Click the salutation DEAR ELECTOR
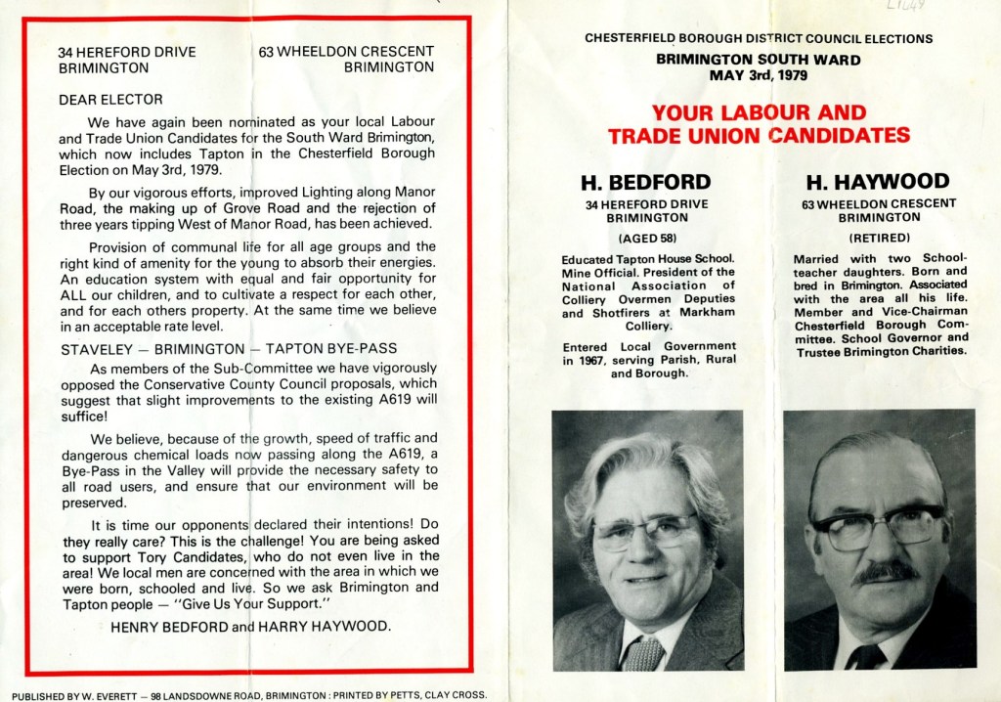[110, 99]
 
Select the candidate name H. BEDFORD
[646, 182]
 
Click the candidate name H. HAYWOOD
[878, 182]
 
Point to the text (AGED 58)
[646, 238]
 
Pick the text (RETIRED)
[878, 238]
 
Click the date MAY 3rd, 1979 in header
[759, 74]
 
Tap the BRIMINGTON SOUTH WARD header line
[759, 60]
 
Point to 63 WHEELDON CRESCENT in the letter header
[347, 52]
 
